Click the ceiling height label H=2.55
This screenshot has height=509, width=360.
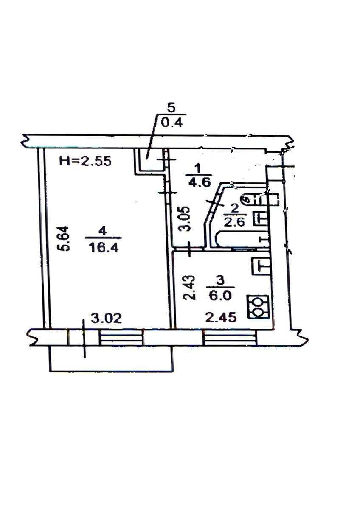[85, 161]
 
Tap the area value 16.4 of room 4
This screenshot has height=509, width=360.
[104, 248]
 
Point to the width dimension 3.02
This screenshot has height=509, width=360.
[107, 319]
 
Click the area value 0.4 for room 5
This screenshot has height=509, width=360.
[172, 123]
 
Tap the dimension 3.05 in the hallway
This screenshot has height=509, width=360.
[185, 218]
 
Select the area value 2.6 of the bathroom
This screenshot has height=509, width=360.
[235, 222]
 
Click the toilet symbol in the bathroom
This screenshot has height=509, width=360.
[262, 199]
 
